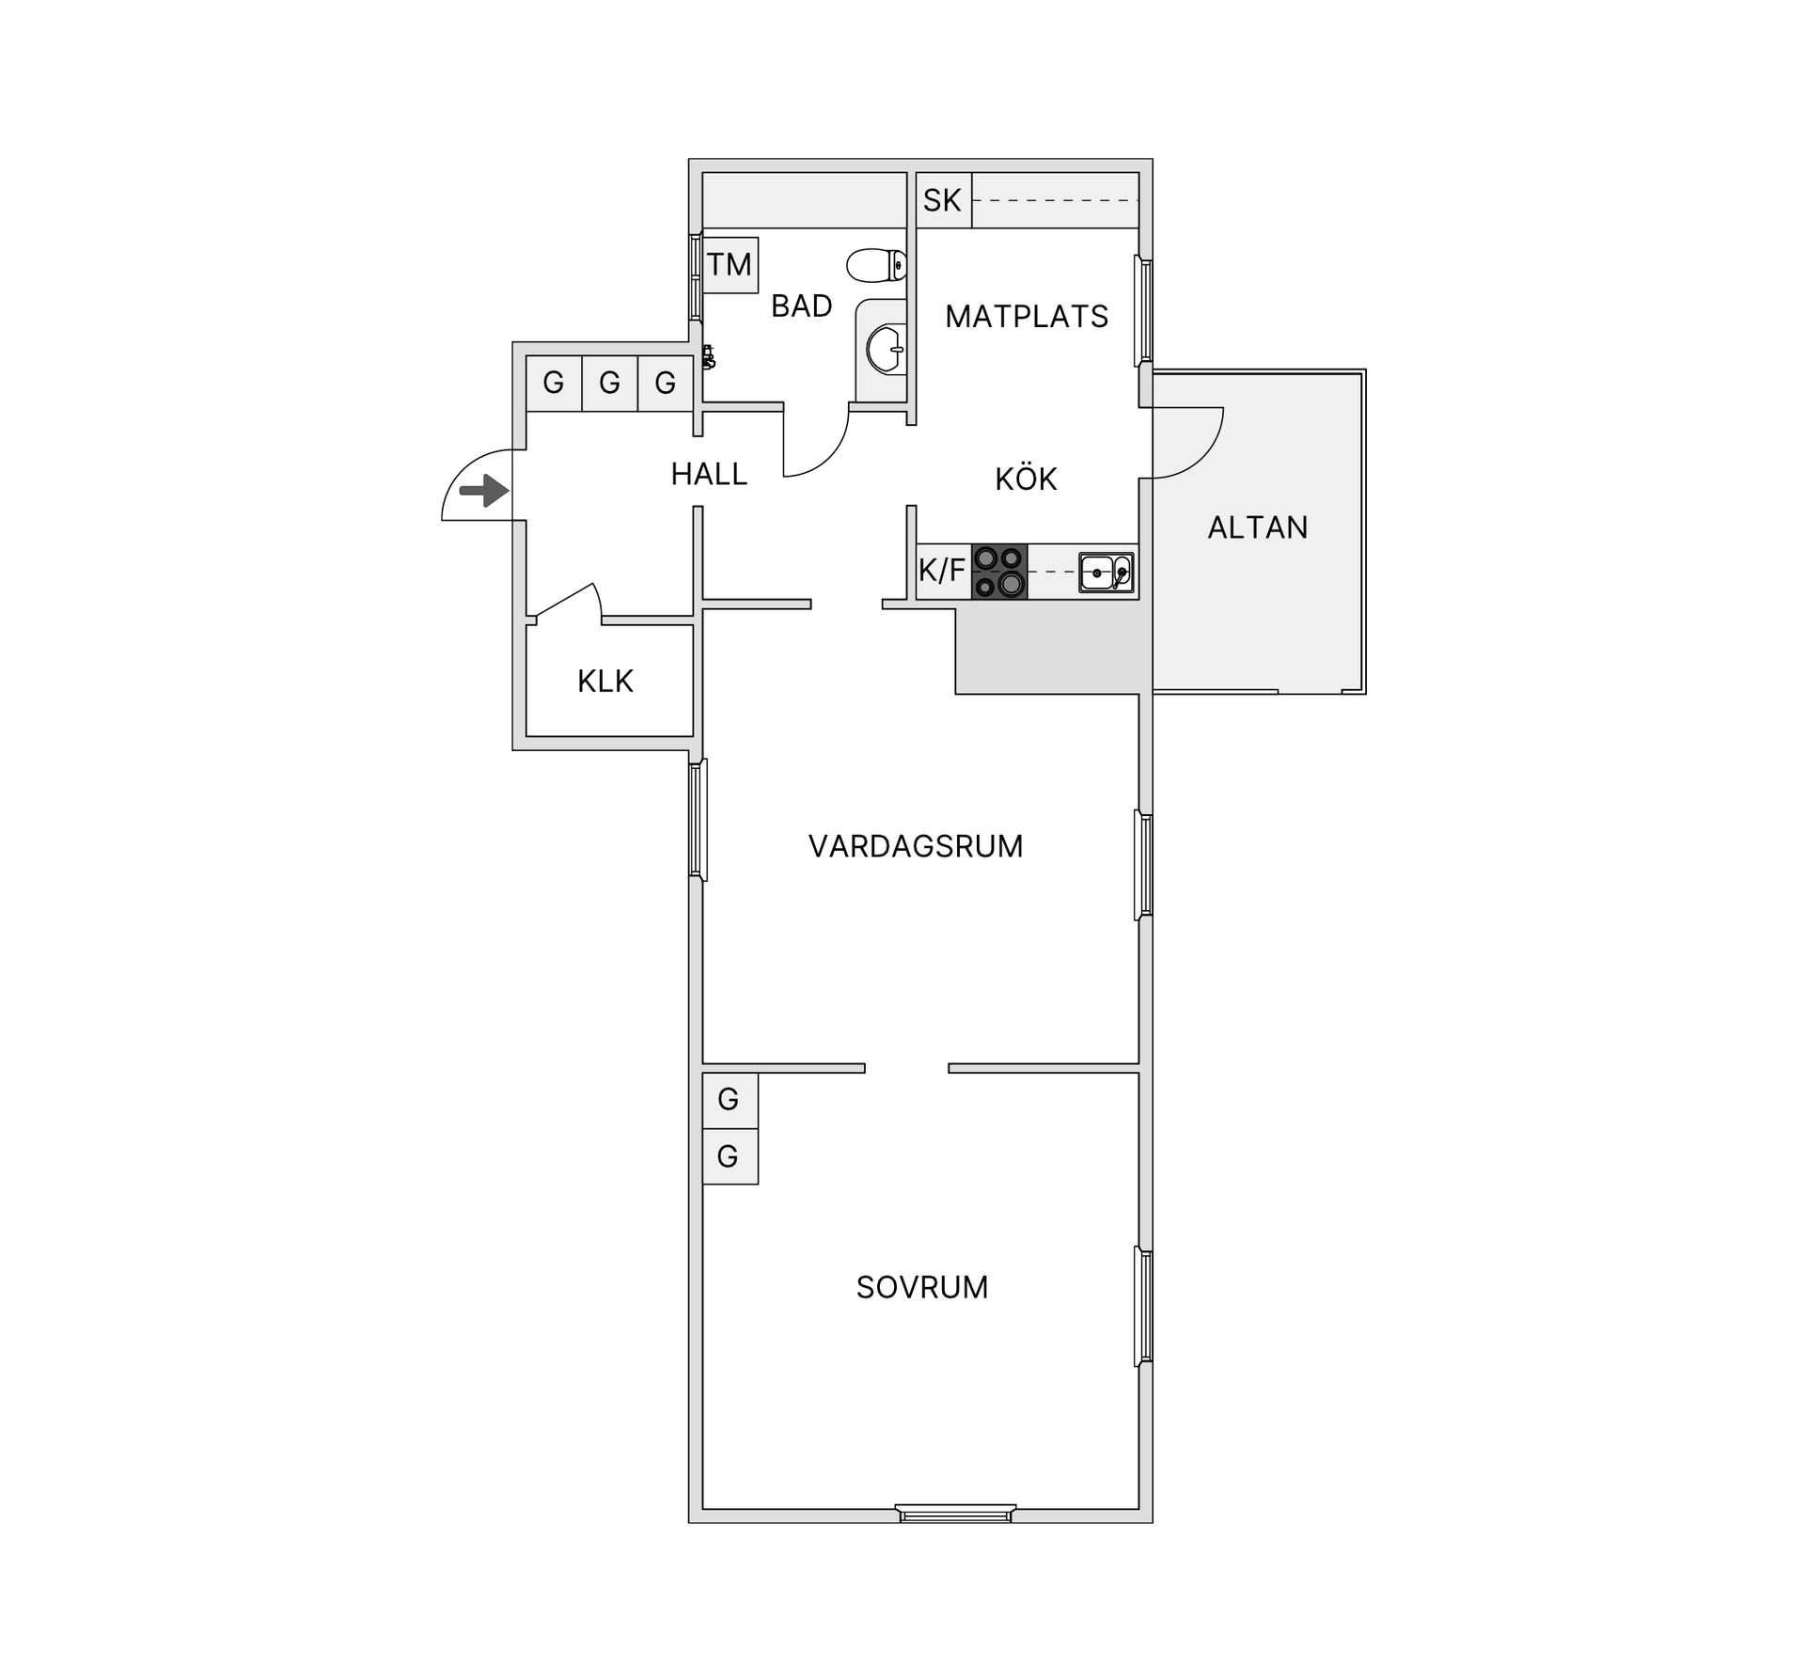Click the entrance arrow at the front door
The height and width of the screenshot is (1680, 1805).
tap(484, 491)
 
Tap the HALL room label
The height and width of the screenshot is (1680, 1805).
tap(709, 474)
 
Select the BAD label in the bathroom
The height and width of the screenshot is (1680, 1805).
tap(801, 306)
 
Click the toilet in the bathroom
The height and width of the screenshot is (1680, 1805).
tap(876, 265)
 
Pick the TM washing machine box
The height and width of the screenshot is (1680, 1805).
tap(730, 265)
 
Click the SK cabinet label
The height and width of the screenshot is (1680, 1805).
tap(942, 200)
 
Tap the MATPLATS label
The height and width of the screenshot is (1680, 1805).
tap(1027, 317)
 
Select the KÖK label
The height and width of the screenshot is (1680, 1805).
tap(1026, 479)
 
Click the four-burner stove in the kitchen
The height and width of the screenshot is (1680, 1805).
tap(998, 572)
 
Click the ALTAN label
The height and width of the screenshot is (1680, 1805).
tap(1258, 527)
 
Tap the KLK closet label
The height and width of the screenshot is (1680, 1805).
tap(605, 681)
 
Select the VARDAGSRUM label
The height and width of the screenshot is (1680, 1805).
tap(916, 846)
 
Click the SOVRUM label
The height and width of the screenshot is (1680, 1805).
tap(922, 1287)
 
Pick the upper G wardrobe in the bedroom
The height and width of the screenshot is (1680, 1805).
tap(730, 1099)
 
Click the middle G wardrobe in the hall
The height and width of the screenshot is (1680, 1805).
tap(609, 383)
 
